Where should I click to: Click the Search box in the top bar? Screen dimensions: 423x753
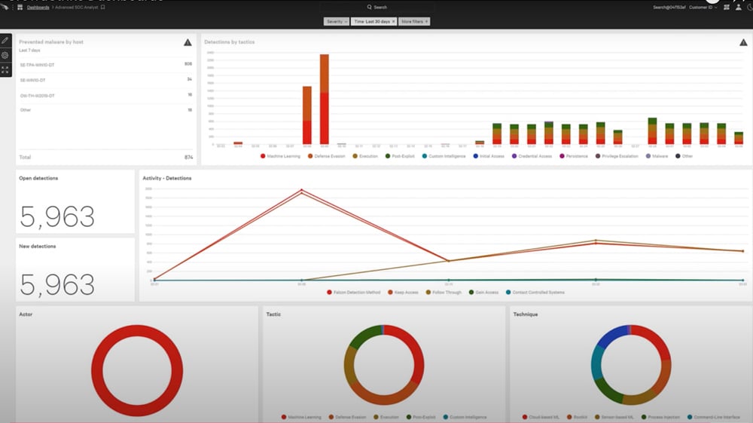point(380,7)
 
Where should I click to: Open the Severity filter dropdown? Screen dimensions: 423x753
point(336,22)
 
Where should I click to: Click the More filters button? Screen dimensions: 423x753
point(414,22)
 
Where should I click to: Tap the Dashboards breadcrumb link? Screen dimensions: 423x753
point(38,7)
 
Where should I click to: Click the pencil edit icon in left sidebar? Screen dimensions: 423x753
point(5,40)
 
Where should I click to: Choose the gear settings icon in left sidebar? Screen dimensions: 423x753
point(5,55)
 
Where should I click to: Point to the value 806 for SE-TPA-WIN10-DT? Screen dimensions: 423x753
point(187,64)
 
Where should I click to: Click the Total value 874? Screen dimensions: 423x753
point(187,157)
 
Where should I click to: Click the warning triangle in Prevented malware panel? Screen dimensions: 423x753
point(187,42)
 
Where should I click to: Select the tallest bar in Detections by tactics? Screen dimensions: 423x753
point(325,98)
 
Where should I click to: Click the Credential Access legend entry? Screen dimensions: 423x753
point(535,156)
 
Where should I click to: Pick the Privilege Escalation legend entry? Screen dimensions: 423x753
point(617,156)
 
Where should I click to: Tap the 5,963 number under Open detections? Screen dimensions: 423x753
point(57,216)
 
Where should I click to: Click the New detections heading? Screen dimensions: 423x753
point(38,246)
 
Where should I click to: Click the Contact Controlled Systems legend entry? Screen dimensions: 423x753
point(538,292)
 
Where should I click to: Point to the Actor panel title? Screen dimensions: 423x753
point(26,314)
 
